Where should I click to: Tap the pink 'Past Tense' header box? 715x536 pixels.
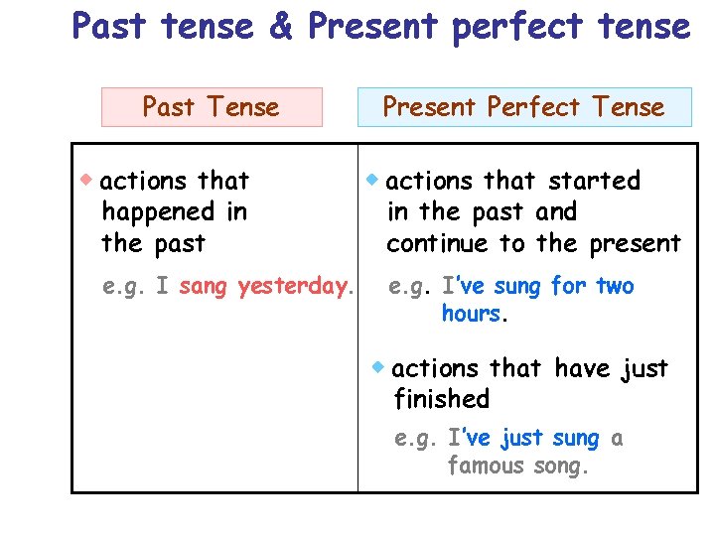pos(212,107)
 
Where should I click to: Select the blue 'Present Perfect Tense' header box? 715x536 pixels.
pos(523,107)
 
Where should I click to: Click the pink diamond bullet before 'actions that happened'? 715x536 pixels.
pos(87,180)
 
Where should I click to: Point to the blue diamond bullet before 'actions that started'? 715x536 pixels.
pos(371,180)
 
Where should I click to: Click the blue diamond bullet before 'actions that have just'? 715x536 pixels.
pos(378,367)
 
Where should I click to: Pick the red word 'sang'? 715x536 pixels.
pos(205,288)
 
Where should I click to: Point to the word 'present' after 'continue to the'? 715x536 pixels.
pos(635,244)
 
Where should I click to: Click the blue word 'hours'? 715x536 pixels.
pos(472,315)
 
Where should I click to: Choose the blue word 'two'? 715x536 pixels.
pos(615,287)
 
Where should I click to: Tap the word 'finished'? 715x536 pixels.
pos(442,399)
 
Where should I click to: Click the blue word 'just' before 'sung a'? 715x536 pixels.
pos(521,439)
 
